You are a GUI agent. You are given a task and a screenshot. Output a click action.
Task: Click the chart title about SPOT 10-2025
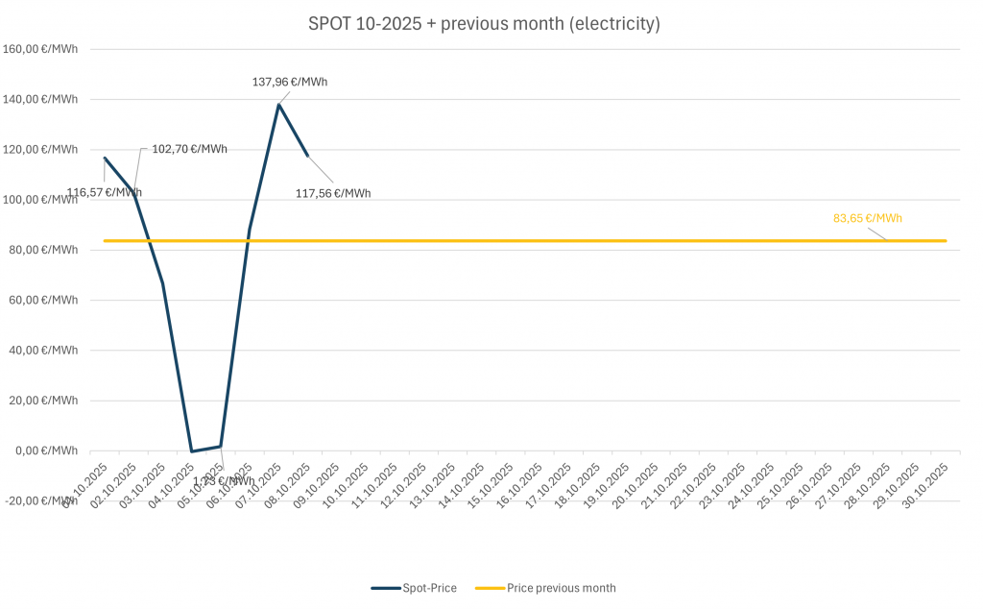pos(484,24)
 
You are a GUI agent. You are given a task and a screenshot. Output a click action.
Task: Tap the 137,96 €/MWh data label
pos(290,82)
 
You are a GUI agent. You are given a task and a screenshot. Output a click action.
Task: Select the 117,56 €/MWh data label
pos(333,193)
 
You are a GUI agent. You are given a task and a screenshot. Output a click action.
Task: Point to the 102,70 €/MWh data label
pos(190,149)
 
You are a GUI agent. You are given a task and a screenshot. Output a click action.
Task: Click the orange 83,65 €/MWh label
pos(868,218)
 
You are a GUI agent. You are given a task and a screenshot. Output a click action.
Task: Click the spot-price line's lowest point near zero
pos(192,451)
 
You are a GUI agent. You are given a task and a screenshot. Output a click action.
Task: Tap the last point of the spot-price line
pos(308,156)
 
